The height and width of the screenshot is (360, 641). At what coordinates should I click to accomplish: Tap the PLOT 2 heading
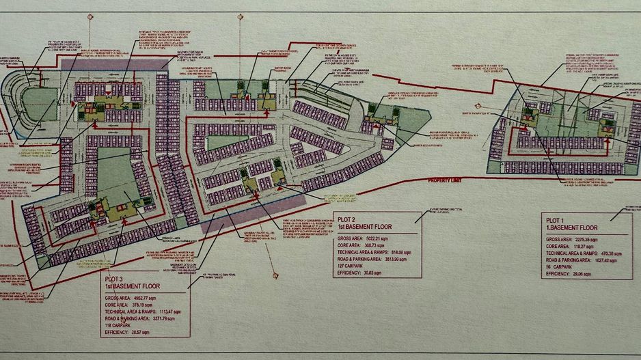(x=348, y=217)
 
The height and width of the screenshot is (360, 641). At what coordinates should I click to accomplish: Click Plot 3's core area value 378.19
(x=146, y=305)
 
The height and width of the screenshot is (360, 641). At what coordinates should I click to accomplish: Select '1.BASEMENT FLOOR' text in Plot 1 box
(x=571, y=226)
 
